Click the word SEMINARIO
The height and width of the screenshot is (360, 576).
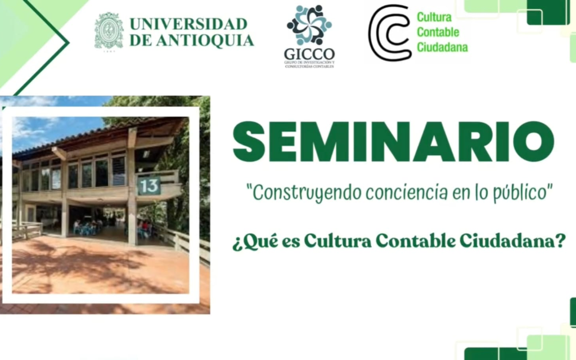tap(393, 142)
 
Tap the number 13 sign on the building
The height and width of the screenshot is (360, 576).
tap(148, 185)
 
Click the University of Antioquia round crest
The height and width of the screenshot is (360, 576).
tap(109, 31)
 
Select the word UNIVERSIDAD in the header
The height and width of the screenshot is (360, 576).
tap(188, 24)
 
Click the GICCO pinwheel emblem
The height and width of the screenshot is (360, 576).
tap(309, 25)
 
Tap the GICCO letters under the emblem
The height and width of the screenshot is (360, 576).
tap(309, 54)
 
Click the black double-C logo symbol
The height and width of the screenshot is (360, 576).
tap(390, 33)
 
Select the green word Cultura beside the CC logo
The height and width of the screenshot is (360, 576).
tap(434, 17)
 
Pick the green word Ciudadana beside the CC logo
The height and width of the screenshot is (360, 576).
tap(442, 47)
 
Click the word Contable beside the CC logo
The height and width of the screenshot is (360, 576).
tap(438, 32)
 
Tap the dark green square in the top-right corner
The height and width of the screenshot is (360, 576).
tap(548, 12)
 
